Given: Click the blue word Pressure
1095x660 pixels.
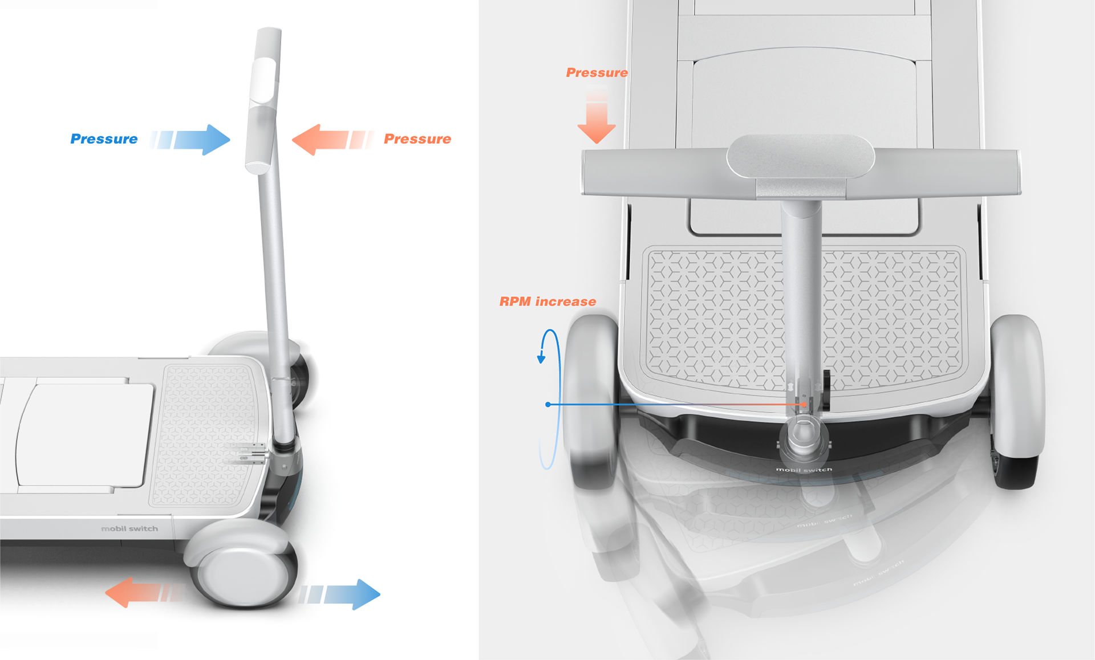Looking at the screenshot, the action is (x=104, y=139).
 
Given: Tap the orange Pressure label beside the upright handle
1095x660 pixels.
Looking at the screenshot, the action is (x=417, y=139).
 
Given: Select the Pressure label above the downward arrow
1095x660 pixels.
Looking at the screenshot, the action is (x=597, y=73).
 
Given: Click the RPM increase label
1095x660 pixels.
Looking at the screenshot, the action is (x=547, y=302).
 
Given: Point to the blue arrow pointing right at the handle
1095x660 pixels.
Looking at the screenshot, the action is (x=191, y=140).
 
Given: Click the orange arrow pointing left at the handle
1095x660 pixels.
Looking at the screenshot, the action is (x=332, y=140).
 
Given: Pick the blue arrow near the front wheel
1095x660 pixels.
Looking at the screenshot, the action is (x=340, y=594).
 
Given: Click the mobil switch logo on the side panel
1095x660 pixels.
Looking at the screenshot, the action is (x=129, y=529).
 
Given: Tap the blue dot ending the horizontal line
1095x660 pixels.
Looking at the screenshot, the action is (x=548, y=405).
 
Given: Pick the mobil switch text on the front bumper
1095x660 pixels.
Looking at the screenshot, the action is (x=804, y=470).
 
